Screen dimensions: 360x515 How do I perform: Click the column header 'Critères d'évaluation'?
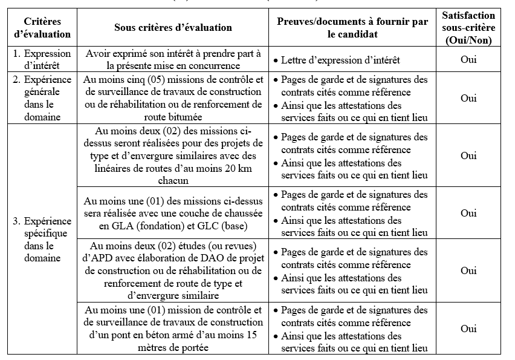[x=42, y=28]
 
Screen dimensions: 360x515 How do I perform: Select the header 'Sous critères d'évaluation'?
[x=173, y=28]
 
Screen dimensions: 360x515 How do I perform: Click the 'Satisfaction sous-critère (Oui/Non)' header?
[x=468, y=28]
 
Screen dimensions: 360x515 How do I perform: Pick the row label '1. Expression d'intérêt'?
[x=42, y=59]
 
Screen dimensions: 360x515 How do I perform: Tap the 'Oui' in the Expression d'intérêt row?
[x=468, y=59]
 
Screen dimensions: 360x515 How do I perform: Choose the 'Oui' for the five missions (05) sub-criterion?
[x=468, y=98]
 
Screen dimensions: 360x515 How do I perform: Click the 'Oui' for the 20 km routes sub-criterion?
[x=468, y=155]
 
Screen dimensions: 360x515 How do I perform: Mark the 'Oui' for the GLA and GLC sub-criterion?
[x=468, y=213]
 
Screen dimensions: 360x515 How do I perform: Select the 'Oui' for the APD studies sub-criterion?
[x=468, y=270]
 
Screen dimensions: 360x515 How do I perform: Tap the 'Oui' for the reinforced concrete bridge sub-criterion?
[x=468, y=329]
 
